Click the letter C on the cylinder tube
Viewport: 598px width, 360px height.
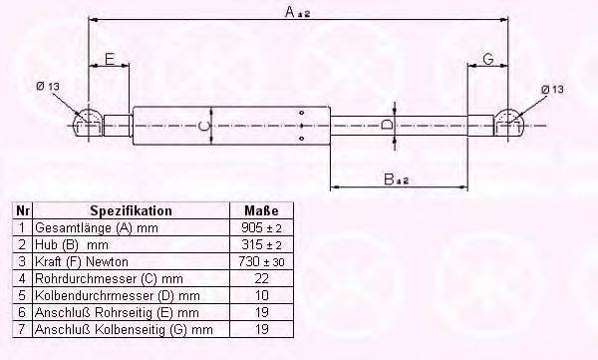point(203,126)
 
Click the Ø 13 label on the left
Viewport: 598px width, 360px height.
point(47,88)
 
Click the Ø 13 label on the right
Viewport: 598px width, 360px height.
point(553,90)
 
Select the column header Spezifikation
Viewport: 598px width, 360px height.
point(131,211)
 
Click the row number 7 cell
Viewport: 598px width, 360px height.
point(21,329)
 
